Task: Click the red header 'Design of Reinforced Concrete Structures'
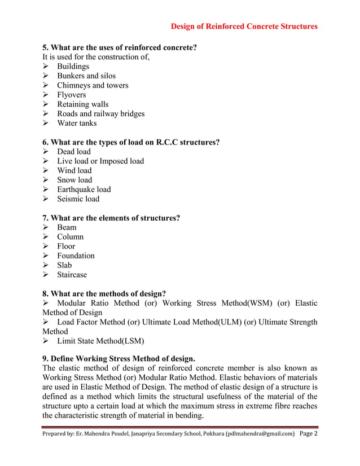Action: (244, 26)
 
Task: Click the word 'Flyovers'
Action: (72, 95)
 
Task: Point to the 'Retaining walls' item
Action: (83, 104)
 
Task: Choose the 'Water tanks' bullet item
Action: (77, 123)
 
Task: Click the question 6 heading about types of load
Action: (131, 142)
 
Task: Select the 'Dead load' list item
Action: (74, 152)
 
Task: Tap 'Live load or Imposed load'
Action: (100, 161)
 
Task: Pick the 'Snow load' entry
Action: (74, 180)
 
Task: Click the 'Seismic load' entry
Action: (78, 199)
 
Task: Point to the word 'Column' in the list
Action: (70, 237)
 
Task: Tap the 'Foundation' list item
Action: (76, 256)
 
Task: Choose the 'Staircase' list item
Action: (72, 275)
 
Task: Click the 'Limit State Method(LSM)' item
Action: (100, 341)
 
